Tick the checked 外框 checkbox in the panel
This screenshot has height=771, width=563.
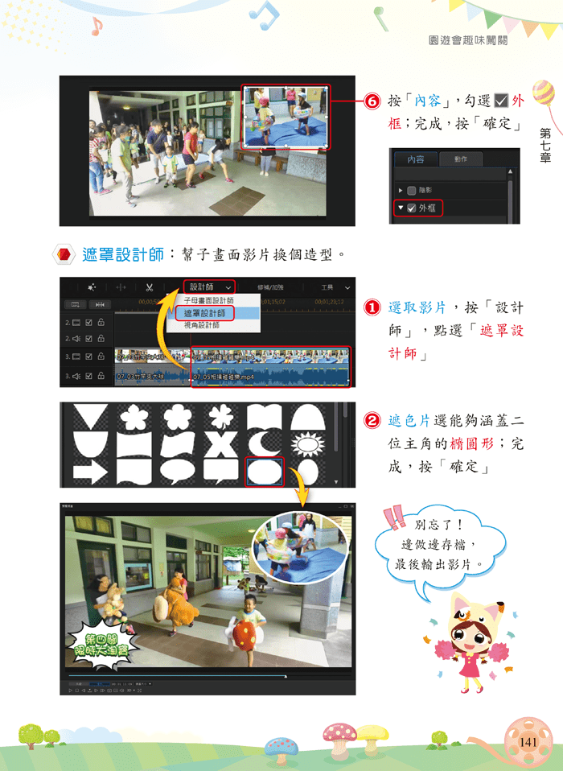[410, 208]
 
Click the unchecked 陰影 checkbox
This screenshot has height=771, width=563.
[411, 191]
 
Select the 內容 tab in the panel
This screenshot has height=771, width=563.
[415, 159]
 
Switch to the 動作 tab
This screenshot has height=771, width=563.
[461, 159]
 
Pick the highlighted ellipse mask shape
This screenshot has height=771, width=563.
[264, 471]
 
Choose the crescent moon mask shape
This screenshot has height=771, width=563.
[264, 442]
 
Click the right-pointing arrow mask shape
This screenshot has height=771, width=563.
[89, 472]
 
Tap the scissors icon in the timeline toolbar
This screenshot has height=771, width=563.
[150, 287]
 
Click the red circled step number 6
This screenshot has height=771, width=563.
[372, 102]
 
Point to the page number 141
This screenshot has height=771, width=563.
[528, 741]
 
